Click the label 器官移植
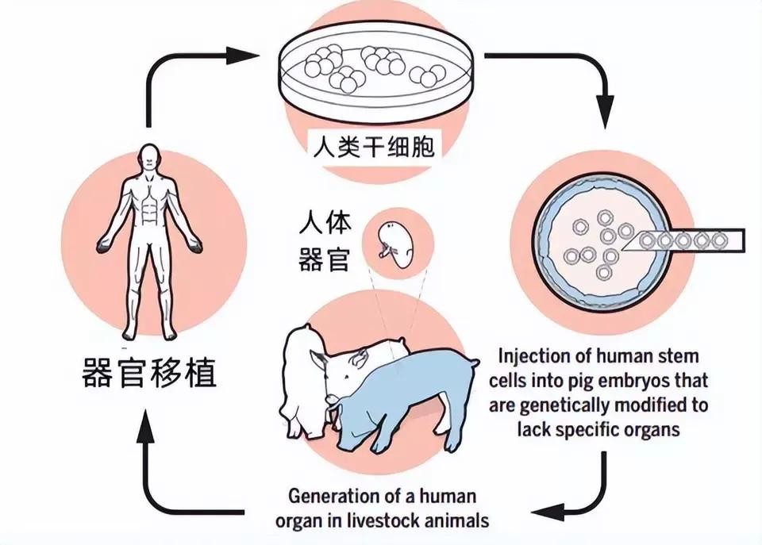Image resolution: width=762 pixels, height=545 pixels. [150, 373]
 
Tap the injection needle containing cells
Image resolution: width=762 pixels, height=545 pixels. [691, 240]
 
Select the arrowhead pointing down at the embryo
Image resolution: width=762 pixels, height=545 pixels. [605, 106]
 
